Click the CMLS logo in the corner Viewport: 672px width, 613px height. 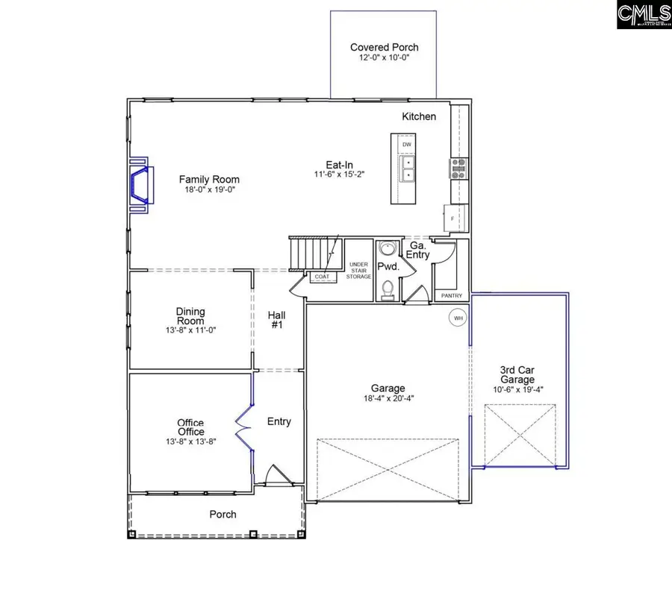[x=643, y=16]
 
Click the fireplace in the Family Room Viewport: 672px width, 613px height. [x=141, y=186]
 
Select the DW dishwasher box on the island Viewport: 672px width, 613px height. [x=407, y=144]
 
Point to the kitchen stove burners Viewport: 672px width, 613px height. [x=458, y=169]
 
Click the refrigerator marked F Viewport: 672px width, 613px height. [x=452, y=217]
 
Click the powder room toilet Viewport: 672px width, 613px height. [x=386, y=289]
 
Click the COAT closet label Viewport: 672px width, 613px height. [x=322, y=277]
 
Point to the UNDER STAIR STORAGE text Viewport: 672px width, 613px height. [x=359, y=271]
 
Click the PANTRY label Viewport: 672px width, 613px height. [x=452, y=295]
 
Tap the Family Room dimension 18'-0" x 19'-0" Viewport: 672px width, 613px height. [x=209, y=189]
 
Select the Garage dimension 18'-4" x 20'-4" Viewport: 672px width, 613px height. [x=388, y=398]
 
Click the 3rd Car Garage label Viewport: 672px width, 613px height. [x=517, y=374]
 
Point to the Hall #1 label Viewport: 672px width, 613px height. [x=277, y=320]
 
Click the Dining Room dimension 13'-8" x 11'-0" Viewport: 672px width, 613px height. [x=190, y=329]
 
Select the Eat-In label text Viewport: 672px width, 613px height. [x=339, y=165]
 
